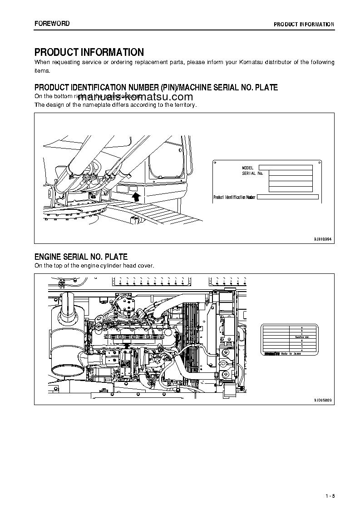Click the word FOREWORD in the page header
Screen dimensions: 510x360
52,24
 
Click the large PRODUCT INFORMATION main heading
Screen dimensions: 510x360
89,52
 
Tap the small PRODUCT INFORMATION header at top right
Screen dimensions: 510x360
304,25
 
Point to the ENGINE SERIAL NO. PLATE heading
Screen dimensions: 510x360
81,257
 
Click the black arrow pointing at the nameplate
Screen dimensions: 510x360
135,196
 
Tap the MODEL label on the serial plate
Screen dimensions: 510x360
248,168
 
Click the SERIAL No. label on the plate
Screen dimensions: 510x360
252,173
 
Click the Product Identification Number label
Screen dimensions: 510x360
235,197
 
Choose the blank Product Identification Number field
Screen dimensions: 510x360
288,197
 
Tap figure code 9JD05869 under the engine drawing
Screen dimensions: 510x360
323,400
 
